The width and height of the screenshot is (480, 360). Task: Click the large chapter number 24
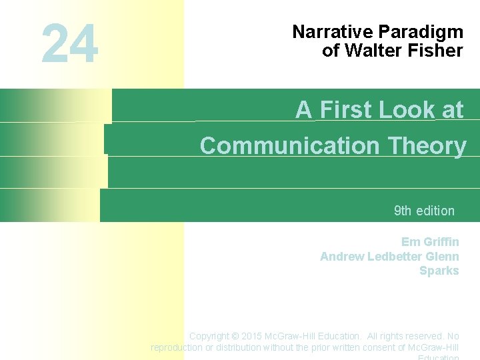[69, 44]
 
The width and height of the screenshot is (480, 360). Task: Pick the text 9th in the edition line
[403, 211]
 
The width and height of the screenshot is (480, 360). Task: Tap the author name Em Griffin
[430, 242]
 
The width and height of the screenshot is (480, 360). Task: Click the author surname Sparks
[439, 271]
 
